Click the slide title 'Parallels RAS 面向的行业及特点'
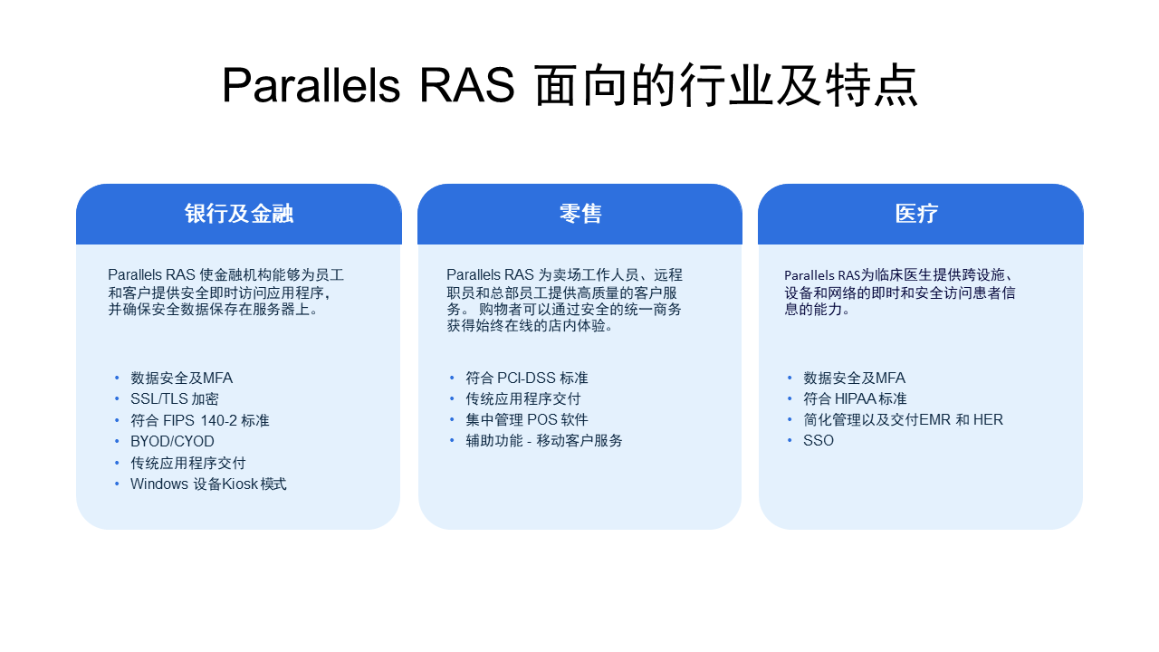click(x=570, y=86)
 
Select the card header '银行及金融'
click(x=239, y=214)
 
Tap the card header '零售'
click(x=580, y=214)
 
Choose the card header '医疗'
click(x=916, y=214)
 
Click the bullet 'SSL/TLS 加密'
click(x=174, y=399)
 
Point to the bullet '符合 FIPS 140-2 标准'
click(x=199, y=420)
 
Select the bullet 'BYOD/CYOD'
click(x=172, y=441)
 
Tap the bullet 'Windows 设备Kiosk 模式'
click(x=208, y=484)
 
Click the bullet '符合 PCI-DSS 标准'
click(x=527, y=379)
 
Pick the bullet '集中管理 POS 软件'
click(x=527, y=420)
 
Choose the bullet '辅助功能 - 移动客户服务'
click(x=544, y=441)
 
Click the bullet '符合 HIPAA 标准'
click(x=855, y=399)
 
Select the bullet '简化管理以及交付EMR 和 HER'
click(x=903, y=420)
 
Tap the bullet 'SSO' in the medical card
click(x=819, y=441)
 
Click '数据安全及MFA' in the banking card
click(x=181, y=379)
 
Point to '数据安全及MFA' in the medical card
click(x=854, y=379)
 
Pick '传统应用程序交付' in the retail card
click(x=523, y=399)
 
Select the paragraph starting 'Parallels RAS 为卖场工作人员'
click(x=564, y=300)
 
